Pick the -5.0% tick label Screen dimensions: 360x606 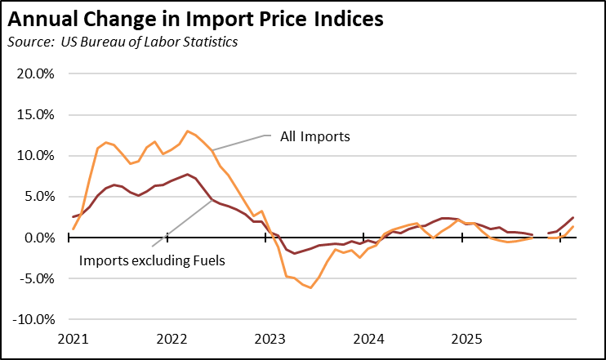coord(33,278)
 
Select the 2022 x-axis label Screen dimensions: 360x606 coord(172,339)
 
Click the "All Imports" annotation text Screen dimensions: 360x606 coord(314,136)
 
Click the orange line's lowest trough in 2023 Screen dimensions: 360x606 coord(310,287)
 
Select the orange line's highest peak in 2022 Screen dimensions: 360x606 coord(188,131)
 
